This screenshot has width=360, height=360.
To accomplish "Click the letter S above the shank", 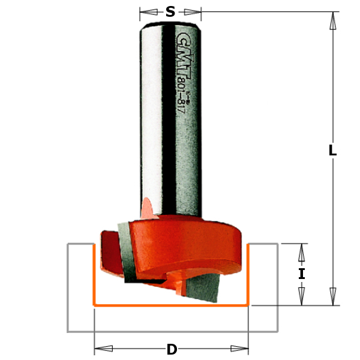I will coord(171,11).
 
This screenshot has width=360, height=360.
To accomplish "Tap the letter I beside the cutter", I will coord(302,274).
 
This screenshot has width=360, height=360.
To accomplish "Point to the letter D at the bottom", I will coord(172,349).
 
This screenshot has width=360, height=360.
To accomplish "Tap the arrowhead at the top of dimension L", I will coord(332,21).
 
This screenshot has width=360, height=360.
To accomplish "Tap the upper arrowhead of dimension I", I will coord(302,253).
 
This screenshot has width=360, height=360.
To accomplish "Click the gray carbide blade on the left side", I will coord(128,252).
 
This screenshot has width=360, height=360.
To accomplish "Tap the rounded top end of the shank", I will coord(171,23).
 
